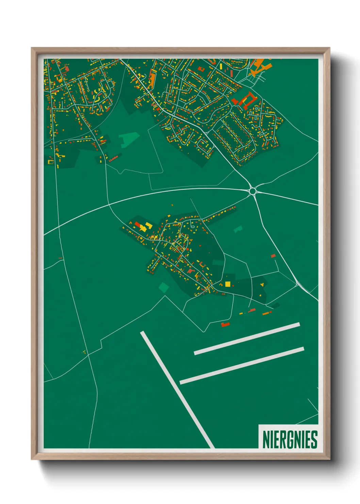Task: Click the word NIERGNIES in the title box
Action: [x=290, y=439]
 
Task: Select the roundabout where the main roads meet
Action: [x=252, y=191]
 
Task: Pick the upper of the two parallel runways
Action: [x=247, y=338]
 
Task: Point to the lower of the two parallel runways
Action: [x=242, y=365]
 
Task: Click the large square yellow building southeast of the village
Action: [x=227, y=284]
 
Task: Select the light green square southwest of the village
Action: [x=164, y=287]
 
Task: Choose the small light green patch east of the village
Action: [x=238, y=229]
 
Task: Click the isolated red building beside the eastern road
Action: [x=273, y=256]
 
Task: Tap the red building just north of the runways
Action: [x=225, y=325]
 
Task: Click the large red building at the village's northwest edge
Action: [x=137, y=224]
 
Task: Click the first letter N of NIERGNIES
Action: [x=266, y=439]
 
